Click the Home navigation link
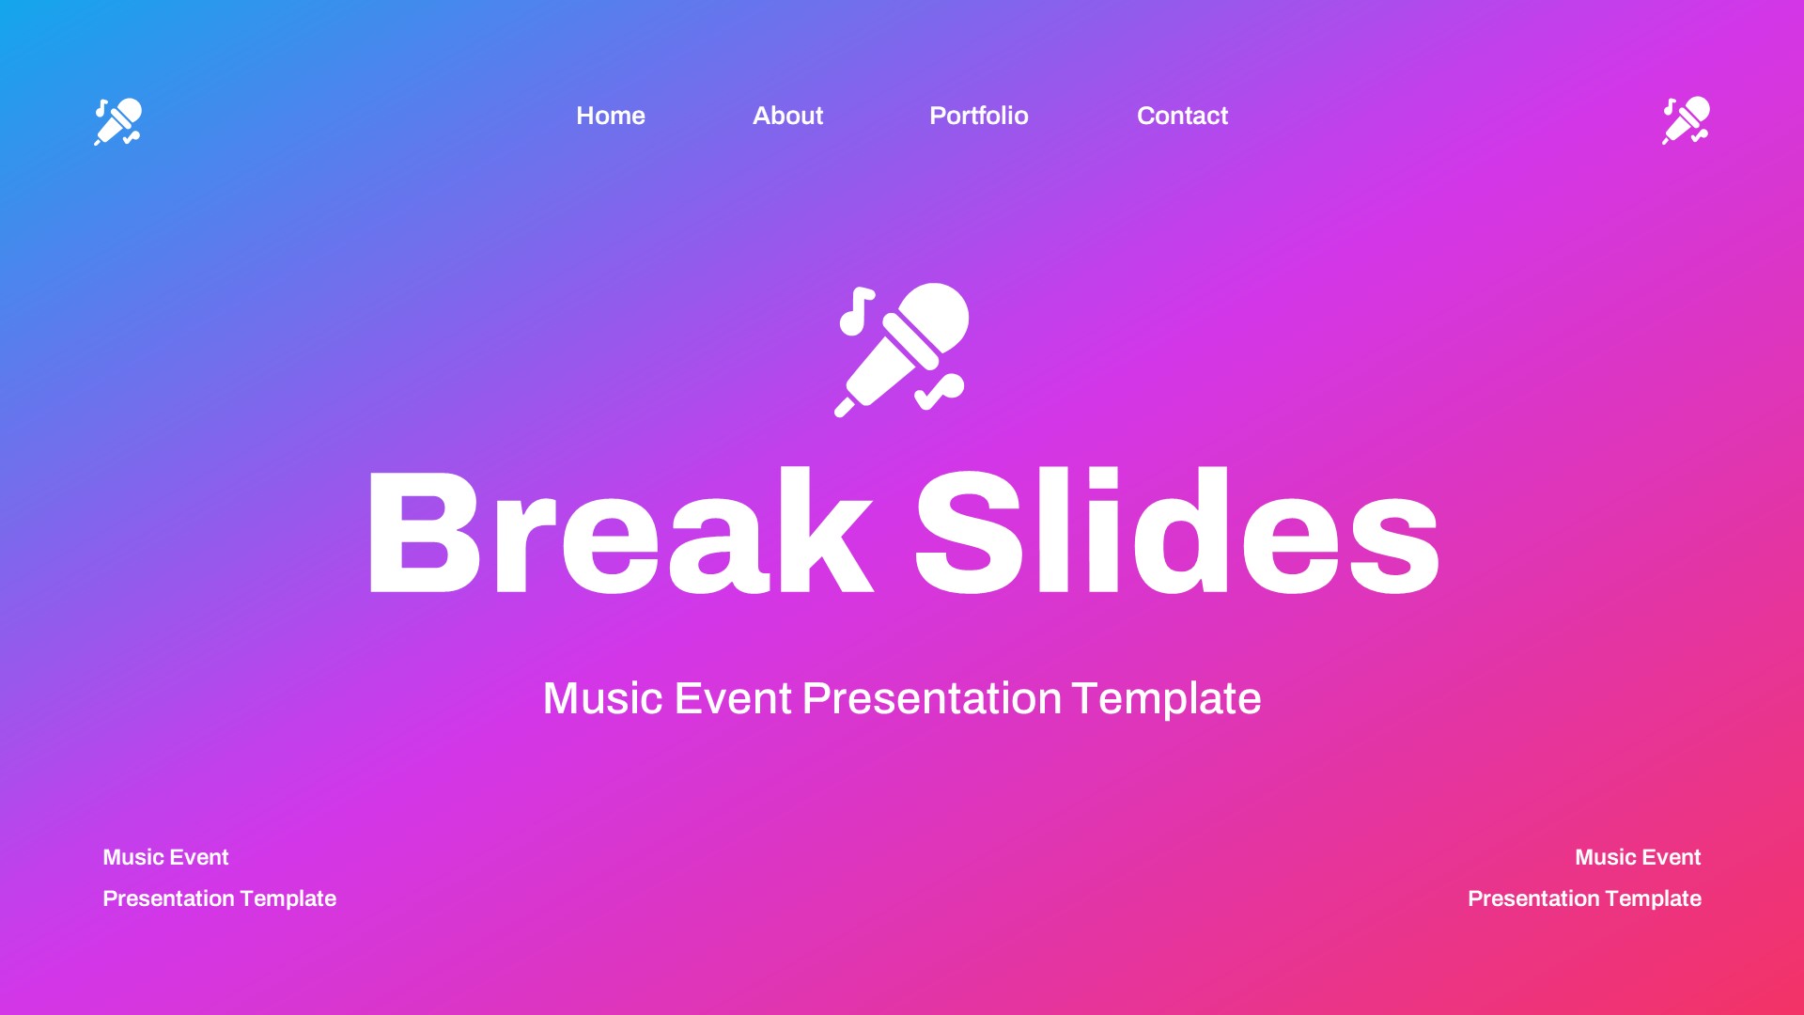tap(611, 116)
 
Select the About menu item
tap(787, 116)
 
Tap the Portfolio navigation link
tap(978, 116)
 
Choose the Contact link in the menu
tap(1182, 116)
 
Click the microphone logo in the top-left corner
tap(118, 122)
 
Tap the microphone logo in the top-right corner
tap(1687, 120)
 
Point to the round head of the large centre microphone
tap(935, 317)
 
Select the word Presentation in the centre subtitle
tap(931, 698)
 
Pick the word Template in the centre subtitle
tap(1166, 698)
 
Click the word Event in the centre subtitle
tap(733, 698)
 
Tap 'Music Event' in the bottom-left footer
tap(165, 857)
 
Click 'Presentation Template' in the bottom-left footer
tap(219, 898)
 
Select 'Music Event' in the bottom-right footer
tap(1638, 857)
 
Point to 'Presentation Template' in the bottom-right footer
tap(1584, 898)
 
